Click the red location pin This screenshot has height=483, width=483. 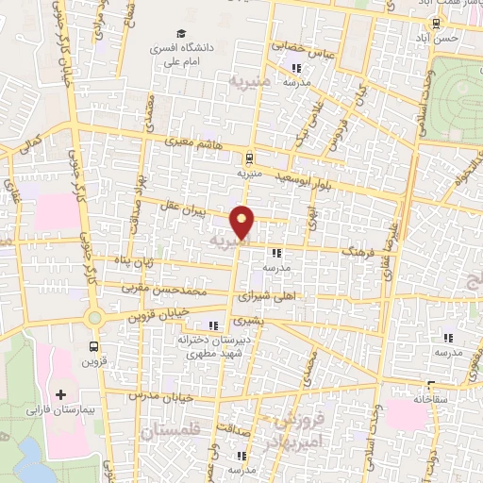point(242,222)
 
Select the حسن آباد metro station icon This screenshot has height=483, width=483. point(435,23)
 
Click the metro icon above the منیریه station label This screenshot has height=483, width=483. point(248,158)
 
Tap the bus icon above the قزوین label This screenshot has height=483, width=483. point(92,344)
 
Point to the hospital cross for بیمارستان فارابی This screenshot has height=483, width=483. point(62,394)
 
